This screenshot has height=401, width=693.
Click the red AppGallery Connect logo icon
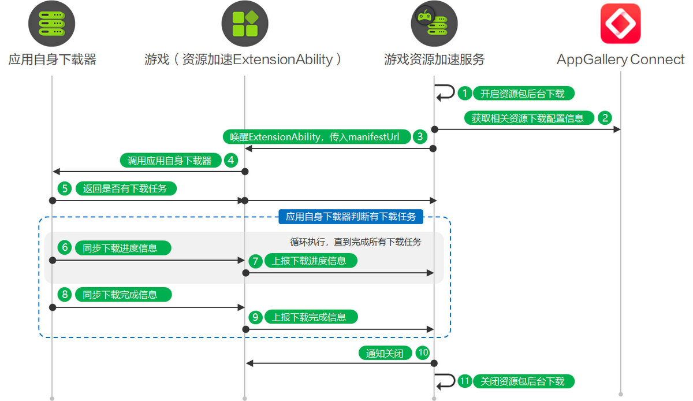[620, 24]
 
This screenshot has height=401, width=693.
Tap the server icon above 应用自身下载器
[52, 24]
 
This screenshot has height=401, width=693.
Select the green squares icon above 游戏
[245, 24]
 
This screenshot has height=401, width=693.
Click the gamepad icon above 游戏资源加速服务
[434, 24]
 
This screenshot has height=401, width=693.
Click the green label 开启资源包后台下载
[523, 94]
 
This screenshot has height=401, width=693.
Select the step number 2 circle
[605, 118]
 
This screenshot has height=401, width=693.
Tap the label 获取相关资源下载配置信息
[528, 118]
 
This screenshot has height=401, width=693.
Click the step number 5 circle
[65, 188]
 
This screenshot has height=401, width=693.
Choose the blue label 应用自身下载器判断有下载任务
[351, 217]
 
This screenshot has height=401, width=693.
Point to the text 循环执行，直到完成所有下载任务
[355, 242]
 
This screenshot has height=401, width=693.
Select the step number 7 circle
[256, 261]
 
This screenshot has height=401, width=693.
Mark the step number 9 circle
[256, 317]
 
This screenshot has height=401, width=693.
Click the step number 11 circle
[465, 381]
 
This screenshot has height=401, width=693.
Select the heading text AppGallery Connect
[620, 60]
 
